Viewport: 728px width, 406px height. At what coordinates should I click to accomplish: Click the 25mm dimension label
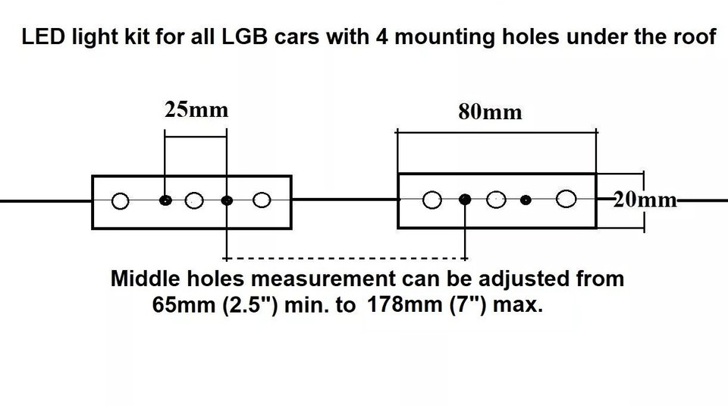click(x=196, y=110)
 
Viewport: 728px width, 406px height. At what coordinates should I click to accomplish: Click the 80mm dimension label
click(x=491, y=112)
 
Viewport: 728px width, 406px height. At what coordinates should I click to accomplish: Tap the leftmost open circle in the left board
click(x=121, y=201)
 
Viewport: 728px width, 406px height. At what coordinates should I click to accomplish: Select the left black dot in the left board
click(x=165, y=200)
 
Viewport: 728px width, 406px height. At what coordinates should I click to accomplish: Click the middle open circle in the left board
click(x=194, y=200)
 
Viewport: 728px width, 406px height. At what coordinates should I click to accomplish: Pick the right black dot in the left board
click(x=227, y=200)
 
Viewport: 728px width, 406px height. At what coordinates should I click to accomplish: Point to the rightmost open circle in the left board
click(x=262, y=200)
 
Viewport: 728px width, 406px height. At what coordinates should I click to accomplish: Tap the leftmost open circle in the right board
click(x=432, y=200)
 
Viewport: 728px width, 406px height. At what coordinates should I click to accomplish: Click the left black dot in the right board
click(x=465, y=200)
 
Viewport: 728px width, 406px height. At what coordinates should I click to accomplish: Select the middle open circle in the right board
click(x=496, y=200)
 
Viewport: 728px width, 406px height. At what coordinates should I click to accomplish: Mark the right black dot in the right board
click(x=526, y=200)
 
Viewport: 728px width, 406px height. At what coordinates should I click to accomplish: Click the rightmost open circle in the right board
click(x=566, y=199)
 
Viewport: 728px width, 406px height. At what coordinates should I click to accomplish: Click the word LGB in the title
click(x=244, y=37)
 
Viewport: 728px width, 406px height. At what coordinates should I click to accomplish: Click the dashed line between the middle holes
click(x=346, y=258)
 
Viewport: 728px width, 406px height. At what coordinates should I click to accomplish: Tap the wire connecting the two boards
click(x=344, y=200)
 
